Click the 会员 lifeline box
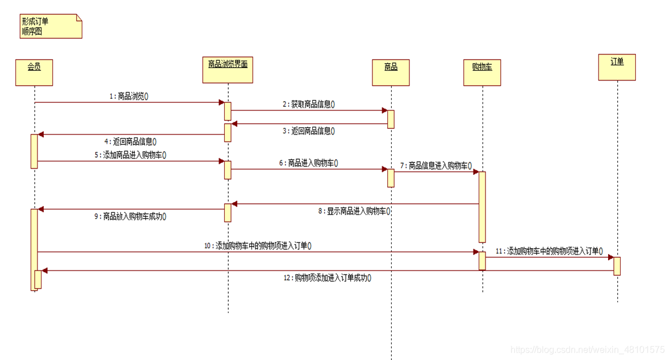pyautogui.click(x=34, y=72)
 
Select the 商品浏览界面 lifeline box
pyautogui.click(x=228, y=70)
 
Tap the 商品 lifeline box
pyautogui.click(x=391, y=73)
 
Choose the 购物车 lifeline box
pyautogui.click(x=482, y=73)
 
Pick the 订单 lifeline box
pyautogui.click(x=617, y=68)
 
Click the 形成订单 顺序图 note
pyautogui.click(x=51, y=27)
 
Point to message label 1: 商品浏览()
pyautogui.click(x=129, y=97)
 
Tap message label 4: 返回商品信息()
pyautogui.click(x=130, y=141)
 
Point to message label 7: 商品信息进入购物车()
pyautogui.click(x=437, y=166)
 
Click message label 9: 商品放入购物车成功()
pyautogui.click(x=130, y=216)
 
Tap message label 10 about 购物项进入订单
pyautogui.click(x=258, y=246)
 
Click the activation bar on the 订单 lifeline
pyautogui.click(x=617, y=266)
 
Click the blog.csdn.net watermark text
pyautogui.click(x=588, y=350)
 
